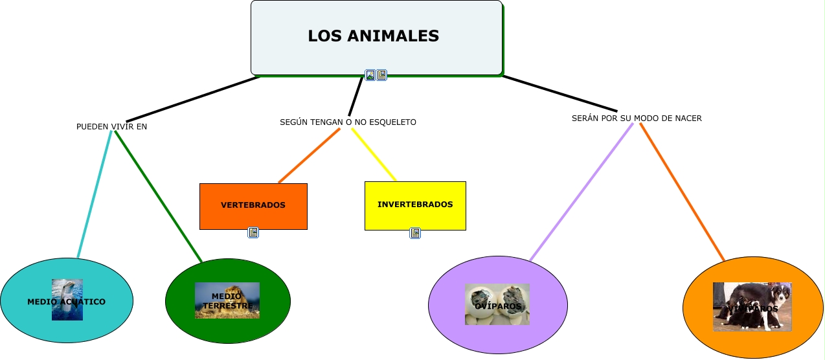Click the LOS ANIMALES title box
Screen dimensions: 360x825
376,36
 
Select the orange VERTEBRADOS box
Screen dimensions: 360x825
253,206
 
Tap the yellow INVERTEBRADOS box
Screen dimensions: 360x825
415,205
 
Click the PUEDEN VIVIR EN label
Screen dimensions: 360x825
111,127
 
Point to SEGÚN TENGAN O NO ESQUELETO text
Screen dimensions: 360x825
348,122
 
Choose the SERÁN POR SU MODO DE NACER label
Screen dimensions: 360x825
637,118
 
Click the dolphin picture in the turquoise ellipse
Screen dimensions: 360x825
67,299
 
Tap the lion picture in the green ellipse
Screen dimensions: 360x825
227,300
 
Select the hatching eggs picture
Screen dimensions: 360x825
497,304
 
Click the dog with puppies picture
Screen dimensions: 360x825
752,307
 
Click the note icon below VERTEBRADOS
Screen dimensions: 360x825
253,232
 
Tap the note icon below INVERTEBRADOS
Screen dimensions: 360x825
415,233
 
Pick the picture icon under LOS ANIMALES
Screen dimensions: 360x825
370,75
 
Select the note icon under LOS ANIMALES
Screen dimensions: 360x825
381,75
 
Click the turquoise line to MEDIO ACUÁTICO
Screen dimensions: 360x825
95,194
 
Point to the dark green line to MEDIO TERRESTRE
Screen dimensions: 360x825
158,196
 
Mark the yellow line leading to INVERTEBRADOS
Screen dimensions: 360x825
374,155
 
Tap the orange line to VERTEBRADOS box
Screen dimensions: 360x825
309,155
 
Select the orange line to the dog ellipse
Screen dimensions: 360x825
682,192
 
